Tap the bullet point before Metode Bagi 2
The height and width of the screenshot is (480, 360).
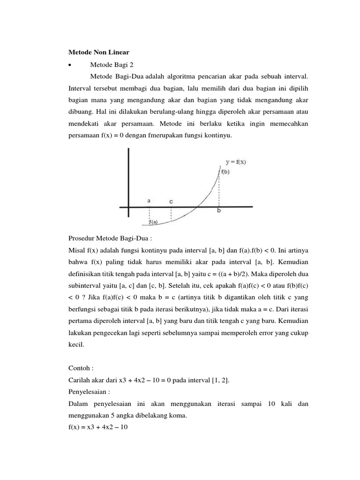pos(69,65)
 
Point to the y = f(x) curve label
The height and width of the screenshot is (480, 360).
pos(236,162)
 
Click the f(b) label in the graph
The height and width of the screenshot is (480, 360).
pos(225,172)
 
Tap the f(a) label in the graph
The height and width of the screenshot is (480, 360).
pos(153,222)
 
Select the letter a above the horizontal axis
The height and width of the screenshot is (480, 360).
pos(149,200)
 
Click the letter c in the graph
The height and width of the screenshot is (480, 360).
pos(171,201)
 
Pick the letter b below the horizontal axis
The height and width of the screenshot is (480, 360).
pos(218,211)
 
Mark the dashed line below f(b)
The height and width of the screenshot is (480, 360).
pos(219,190)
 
